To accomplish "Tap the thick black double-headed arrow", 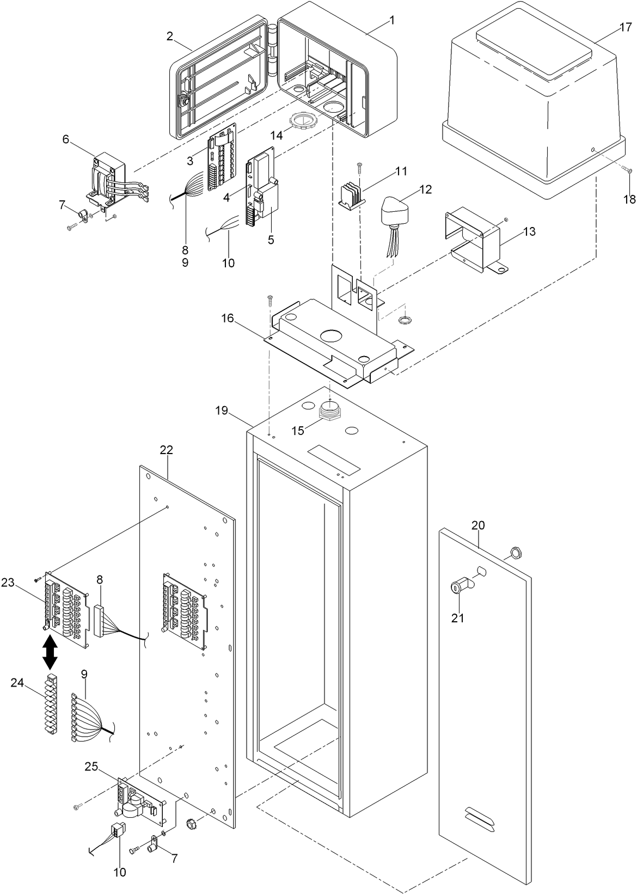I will tap(50, 653).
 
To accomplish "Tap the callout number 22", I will tap(166, 450).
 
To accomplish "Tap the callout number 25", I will tap(91, 768).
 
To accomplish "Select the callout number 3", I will tap(190, 161).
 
